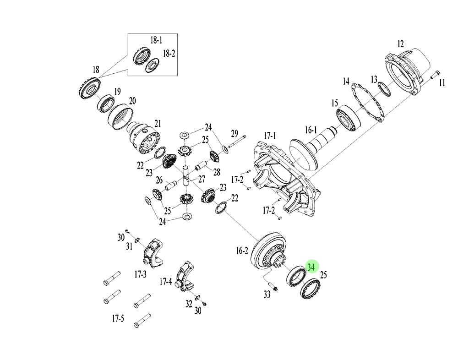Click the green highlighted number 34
(x=312, y=267)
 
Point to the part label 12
(x=400, y=44)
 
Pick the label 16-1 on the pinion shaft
(x=310, y=130)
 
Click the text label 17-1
(x=270, y=136)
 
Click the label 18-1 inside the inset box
(x=156, y=40)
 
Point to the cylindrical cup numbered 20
(x=121, y=117)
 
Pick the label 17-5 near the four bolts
(x=118, y=318)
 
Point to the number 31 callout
(x=130, y=246)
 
